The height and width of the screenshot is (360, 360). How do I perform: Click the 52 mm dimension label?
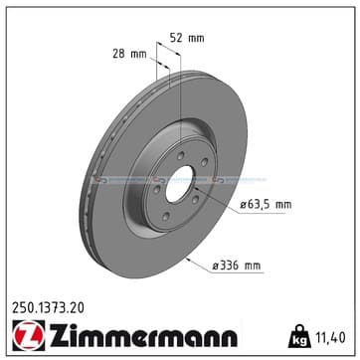click(x=187, y=38)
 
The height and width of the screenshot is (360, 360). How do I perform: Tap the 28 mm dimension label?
click(x=129, y=54)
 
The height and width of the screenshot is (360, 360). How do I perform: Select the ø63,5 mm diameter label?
click(x=266, y=205)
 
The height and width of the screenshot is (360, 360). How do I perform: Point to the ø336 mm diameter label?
click(x=237, y=266)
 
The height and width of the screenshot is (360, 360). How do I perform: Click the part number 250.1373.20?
click(x=48, y=308)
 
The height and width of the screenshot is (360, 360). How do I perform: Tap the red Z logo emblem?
click(x=29, y=335)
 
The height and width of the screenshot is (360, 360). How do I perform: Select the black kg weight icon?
click(x=299, y=336)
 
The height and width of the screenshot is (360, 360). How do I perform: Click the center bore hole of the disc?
click(x=179, y=184)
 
